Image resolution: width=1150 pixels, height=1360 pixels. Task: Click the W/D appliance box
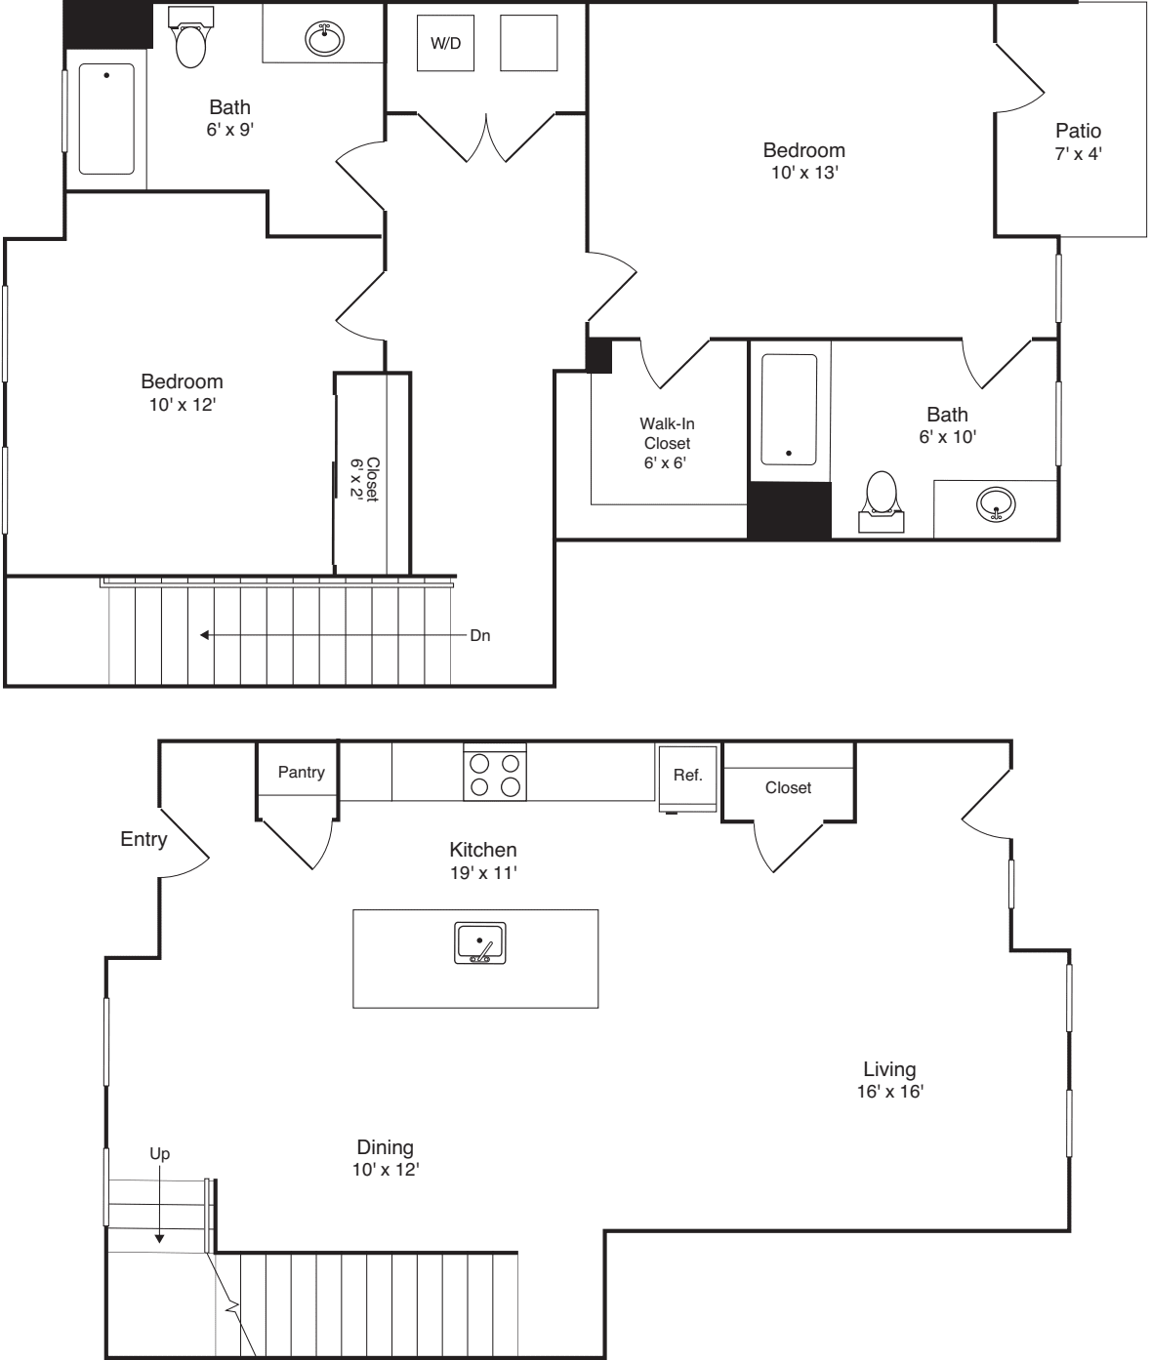click(x=445, y=43)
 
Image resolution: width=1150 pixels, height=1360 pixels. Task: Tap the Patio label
click(x=1078, y=131)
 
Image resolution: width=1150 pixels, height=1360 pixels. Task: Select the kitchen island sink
click(x=480, y=943)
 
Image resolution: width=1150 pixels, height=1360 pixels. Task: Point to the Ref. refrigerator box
click(x=688, y=777)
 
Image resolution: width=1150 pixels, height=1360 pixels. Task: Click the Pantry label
click(x=301, y=772)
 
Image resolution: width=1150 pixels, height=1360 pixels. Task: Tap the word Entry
click(x=144, y=839)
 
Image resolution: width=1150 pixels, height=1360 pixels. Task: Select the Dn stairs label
click(x=480, y=635)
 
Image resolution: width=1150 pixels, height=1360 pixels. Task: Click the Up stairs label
click(x=159, y=1154)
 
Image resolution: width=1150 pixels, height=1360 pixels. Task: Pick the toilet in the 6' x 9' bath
click(x=190, y=39)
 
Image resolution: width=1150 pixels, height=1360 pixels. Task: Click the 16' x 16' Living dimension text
click(x=889, y=1092)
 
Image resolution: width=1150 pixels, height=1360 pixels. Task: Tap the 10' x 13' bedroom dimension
click(x=803, y=173)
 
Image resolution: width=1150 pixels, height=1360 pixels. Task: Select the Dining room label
click(x=385, y=1147)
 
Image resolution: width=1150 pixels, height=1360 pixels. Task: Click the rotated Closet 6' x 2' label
click(x=364, y=479)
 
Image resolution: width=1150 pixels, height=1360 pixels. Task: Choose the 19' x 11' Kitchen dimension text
click(x=482, y=872)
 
